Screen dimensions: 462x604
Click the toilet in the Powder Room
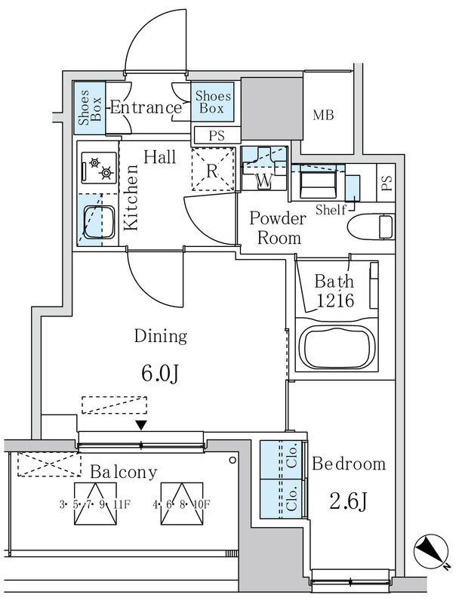tap(371, 227)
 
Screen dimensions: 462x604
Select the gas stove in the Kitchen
tap(99, 168)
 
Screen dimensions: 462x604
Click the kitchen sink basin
tap(100, 222)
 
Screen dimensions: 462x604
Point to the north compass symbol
tap(431, 551)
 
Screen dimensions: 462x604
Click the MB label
tap(323, 115)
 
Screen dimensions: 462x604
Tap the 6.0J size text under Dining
tap(160, 373)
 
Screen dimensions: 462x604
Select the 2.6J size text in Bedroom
tap(349, 502)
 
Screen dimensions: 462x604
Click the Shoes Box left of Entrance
tap(89, 108)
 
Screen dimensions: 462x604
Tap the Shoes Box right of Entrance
tap(213, 102)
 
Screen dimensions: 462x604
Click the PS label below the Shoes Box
tap(217, 136)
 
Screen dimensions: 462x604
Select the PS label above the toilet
tap(387, 183)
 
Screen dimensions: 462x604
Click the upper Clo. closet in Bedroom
tap(282, 460)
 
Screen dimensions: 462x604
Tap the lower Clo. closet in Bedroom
tap(282, 499)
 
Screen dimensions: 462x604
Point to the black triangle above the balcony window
tap(141, 425)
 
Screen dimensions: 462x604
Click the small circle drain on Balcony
tap(233, 460)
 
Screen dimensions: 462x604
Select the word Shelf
tap(331, 210)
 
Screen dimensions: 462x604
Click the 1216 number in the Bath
tap(335, 300)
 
